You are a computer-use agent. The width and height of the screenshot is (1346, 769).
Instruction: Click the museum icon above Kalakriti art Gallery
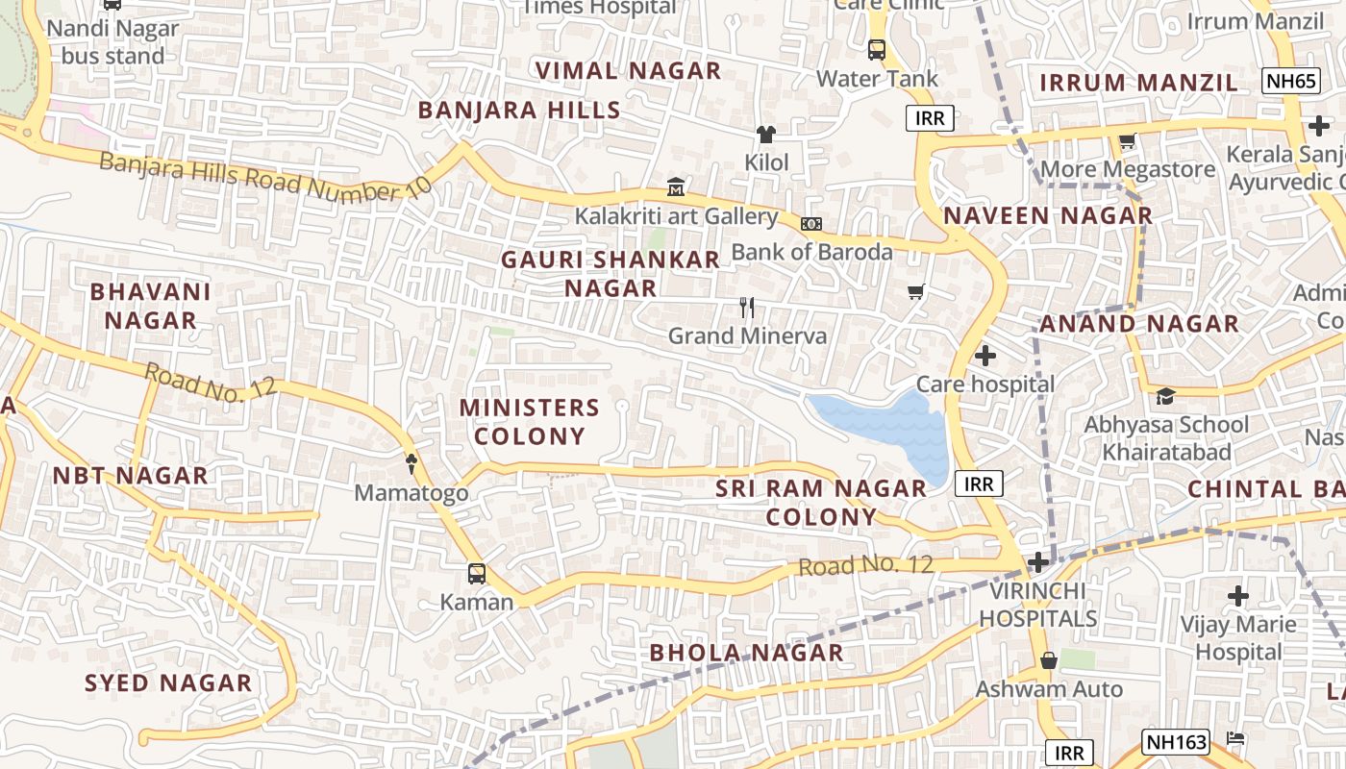[676, 186]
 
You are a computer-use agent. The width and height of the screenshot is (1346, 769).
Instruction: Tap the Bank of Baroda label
[811, 252]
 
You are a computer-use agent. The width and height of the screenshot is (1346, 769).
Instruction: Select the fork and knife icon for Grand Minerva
[747, 308]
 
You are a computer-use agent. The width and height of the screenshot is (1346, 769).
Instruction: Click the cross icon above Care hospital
[985, 356]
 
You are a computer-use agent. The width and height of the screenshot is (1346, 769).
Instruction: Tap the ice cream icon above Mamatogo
[411, 463]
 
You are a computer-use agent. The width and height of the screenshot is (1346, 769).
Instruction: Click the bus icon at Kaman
[476, 574]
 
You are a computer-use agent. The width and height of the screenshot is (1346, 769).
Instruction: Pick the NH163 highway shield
[1175, 741]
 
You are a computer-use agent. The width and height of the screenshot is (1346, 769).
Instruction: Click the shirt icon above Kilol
[766, 134]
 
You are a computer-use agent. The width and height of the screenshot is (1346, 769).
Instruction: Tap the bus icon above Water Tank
[876, 49]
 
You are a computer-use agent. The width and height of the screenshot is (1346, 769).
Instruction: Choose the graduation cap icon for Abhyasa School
[1165, 396]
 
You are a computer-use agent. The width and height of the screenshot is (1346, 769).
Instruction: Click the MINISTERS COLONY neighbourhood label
[530, 421]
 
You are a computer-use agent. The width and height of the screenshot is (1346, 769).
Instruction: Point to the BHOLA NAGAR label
[746, 653]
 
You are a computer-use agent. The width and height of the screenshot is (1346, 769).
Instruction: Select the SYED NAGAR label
[168, 682]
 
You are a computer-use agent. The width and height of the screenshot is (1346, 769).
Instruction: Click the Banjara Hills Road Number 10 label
[265, 176]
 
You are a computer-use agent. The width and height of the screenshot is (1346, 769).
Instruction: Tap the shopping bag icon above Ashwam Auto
[1049, 660]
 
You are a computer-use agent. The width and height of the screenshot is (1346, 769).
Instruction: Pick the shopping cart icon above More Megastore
[1128, 140]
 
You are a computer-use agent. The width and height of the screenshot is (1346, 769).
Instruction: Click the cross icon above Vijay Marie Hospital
[1238, 596]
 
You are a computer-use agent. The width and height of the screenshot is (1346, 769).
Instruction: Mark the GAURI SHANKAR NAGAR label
[611, 273]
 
